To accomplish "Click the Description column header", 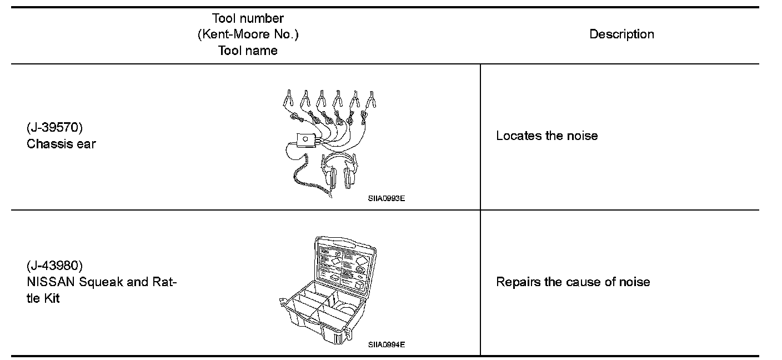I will [621, 34].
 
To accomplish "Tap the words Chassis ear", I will [61, 144].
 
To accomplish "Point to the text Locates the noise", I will [547, 136].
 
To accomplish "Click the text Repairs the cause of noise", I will [573, 282].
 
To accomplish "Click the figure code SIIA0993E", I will [386, 198].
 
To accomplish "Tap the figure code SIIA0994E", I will [386, 344].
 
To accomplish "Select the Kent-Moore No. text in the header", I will [248, 34].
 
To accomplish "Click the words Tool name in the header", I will [248, 51].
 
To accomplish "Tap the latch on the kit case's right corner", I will [349, 334].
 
